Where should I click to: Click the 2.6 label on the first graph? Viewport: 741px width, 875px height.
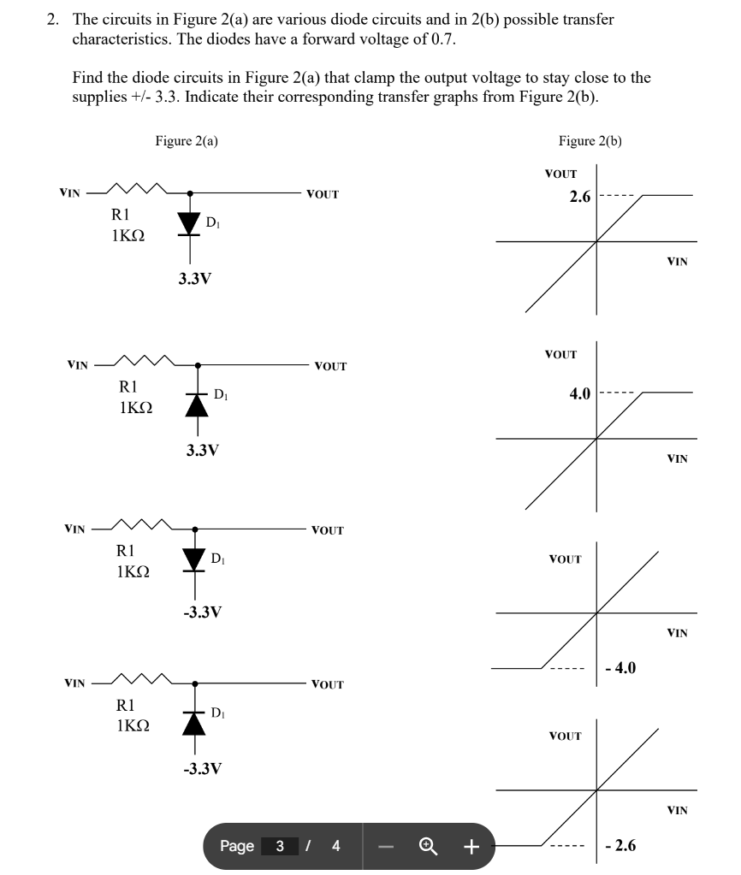click(x=579, y=197)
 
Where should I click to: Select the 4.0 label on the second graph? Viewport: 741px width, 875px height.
click(x=579, y=394)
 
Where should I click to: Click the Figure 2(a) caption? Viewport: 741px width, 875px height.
click(x=186, y=141)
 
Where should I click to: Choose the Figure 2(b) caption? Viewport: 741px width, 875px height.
click(x=590, y=141)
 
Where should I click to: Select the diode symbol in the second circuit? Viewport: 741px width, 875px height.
click(x=198, y=403)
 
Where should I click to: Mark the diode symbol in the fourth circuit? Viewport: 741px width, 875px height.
click(x=196, y=719)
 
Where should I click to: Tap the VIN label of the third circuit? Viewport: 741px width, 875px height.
click(x=77, y=529)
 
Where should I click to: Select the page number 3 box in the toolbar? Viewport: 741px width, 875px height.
click(x=280, y=847)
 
